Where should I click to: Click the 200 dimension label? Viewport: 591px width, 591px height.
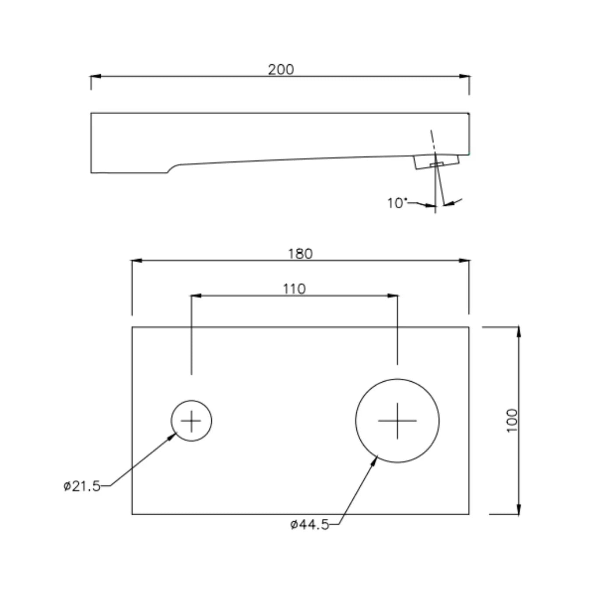281,70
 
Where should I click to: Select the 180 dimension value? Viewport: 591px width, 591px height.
300,254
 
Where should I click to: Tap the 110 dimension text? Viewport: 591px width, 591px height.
294,289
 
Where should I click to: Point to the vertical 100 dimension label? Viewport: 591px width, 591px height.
512,420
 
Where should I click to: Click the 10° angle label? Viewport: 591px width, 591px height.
396,203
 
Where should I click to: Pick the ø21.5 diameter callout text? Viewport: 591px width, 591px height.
82,486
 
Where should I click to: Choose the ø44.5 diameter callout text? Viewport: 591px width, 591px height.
310,524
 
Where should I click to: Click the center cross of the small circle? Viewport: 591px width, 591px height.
191,421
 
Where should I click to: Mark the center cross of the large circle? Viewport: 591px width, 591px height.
397,421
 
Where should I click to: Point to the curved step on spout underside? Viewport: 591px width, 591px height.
173,168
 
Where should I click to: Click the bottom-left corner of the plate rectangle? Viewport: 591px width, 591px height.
132,514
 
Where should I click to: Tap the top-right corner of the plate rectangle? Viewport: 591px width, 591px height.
469,327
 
